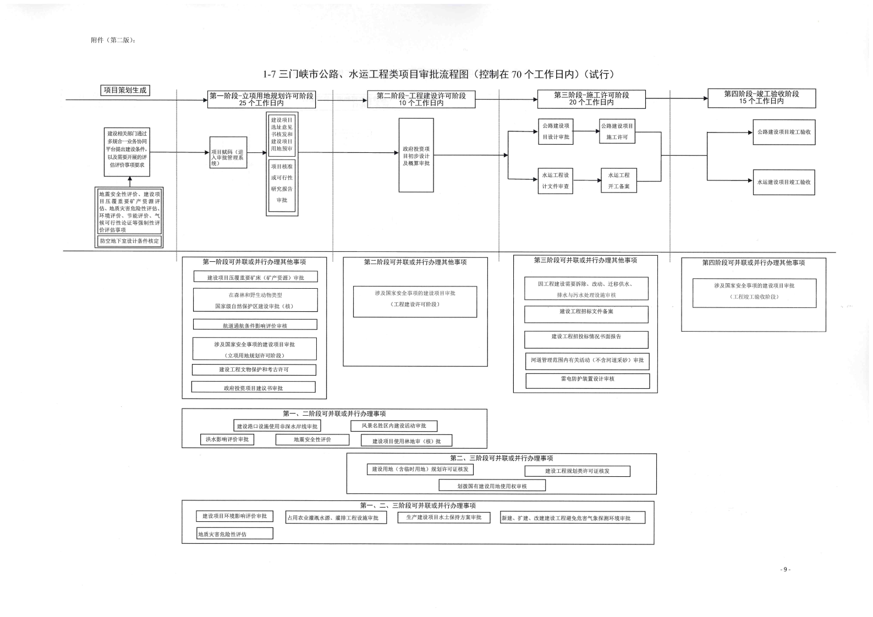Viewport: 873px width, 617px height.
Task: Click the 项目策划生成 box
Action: point(125,90)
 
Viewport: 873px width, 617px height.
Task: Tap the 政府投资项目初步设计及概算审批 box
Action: point(416,156)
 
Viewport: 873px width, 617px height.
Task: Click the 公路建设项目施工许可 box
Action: point(617,131)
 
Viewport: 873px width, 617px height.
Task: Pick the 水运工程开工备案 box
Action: point(618,180)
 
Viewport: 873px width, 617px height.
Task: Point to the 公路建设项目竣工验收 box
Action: point(783,133)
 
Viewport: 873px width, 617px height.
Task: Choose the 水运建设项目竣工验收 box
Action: point(783,182)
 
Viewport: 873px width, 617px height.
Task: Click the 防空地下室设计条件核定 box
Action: point(129,241)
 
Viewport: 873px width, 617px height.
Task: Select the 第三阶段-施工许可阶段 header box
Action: point(591,99)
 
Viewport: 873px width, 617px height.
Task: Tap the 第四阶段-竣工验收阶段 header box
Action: point(761,98)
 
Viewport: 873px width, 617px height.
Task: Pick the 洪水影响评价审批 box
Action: point(227,439)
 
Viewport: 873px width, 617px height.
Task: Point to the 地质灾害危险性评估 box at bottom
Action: point(234,533)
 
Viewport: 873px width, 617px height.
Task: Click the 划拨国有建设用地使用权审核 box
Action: point(492,486)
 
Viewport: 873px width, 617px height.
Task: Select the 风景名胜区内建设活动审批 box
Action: point(394,426)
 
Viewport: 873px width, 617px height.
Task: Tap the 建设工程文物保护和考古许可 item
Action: point(254,370)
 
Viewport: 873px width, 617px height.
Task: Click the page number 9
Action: point(786,569)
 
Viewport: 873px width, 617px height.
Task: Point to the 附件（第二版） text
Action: point(113,40)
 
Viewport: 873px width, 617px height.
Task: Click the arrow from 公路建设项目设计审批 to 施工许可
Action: point(586,131)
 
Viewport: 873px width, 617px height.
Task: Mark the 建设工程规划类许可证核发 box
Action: point(577,471)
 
